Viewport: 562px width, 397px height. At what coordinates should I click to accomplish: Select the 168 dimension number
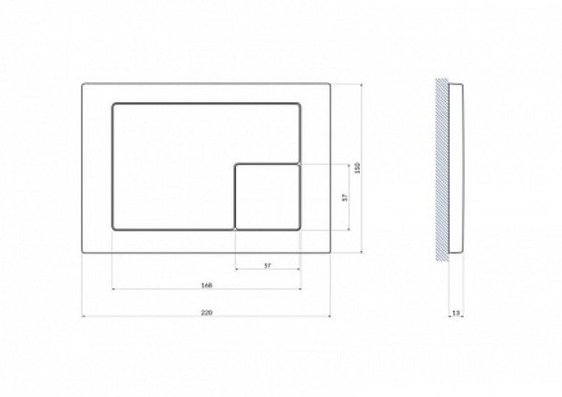click(206, 284)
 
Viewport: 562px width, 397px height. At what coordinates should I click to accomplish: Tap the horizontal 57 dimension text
click(267, 266)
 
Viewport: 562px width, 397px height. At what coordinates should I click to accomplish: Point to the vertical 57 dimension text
click(345, 197)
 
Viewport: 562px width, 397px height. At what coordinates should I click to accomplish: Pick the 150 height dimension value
click(357, 168)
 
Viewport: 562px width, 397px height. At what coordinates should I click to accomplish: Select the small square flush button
click(267, 196)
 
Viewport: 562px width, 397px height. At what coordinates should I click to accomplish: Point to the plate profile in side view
click(456, 169)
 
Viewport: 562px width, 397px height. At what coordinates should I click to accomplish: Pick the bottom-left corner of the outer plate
click(84, 253)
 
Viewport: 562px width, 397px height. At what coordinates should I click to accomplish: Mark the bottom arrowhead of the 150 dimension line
click(362, 252)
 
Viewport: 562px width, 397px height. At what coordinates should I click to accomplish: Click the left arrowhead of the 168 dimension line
click(113, 289)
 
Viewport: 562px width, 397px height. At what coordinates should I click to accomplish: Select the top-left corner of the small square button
click(235, 164)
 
